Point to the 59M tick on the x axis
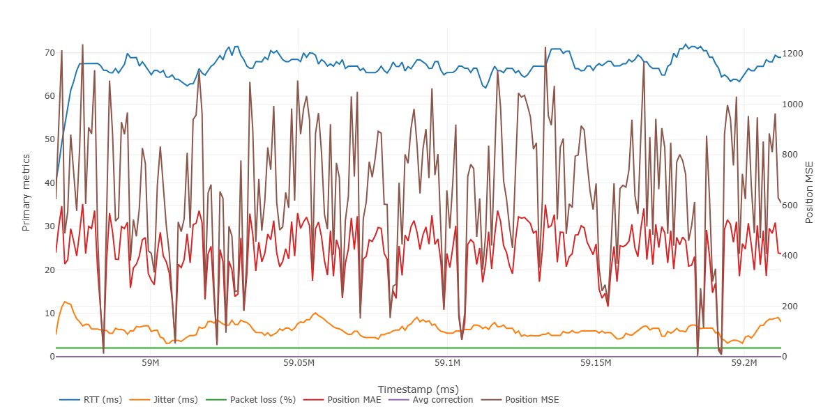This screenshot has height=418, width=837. point(150,364)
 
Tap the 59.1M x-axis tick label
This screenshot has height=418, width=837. point(447,364)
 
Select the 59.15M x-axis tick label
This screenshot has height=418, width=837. point(596,364)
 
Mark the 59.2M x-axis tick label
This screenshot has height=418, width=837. point(744,364)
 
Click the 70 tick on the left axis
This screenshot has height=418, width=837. point(50,53)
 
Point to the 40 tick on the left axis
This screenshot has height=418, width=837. point(50,183)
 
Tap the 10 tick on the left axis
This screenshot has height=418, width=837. point(50,313)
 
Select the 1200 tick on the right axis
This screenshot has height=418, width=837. point(794,54)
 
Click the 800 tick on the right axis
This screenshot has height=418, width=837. point(792,155)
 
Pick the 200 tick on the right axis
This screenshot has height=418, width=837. point(792,307)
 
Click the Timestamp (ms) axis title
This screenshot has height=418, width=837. point(418,389)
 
